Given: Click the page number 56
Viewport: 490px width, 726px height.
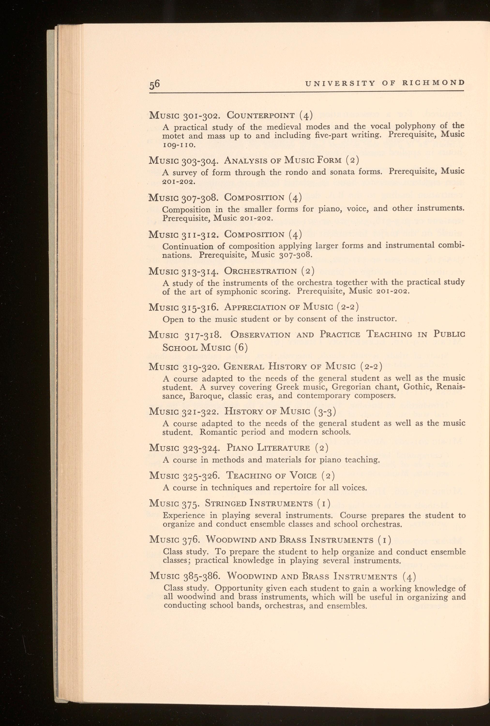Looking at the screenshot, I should (154, 84).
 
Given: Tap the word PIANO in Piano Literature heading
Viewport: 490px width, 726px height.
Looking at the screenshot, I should (240, 448).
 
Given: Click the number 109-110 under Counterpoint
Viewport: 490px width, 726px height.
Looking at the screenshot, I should (179, 145).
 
